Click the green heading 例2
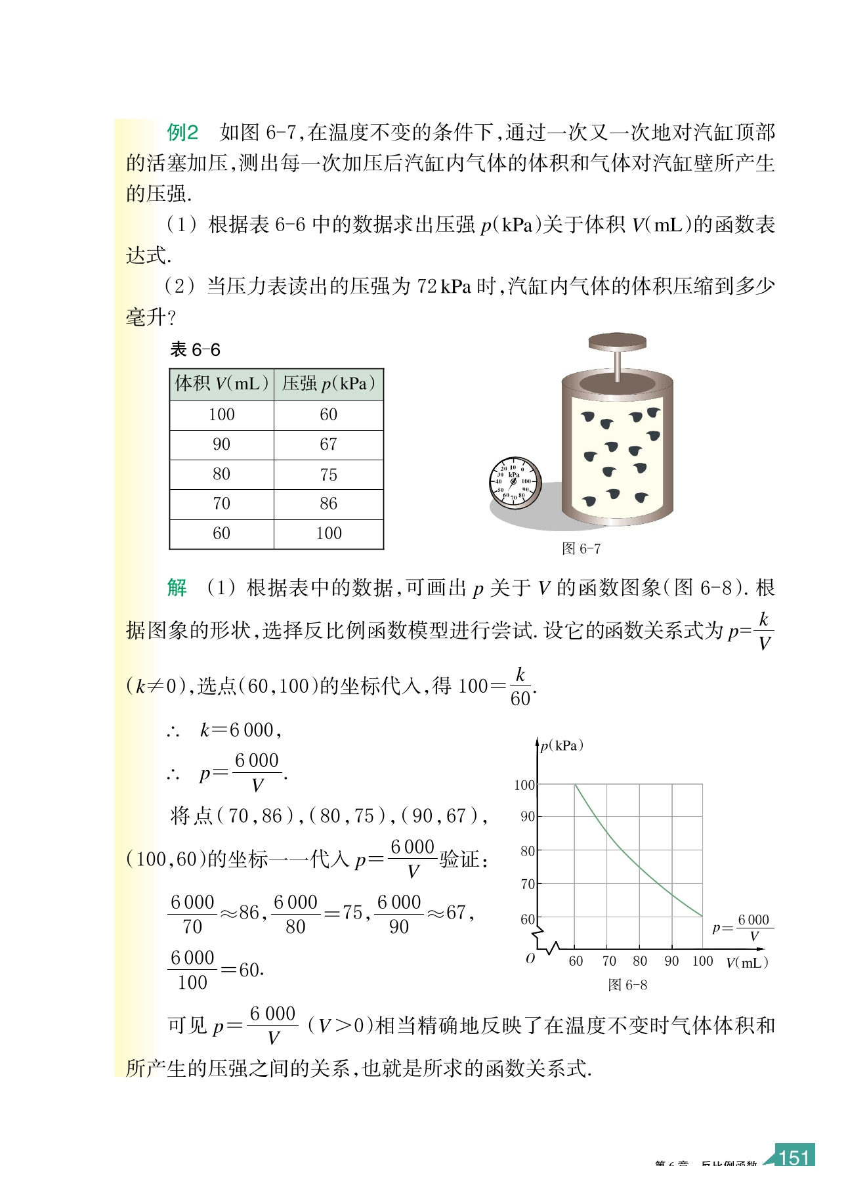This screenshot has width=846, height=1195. pyautogui.click(x=182, y=133)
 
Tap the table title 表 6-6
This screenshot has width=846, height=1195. pyautogui.click(x=195, y=349)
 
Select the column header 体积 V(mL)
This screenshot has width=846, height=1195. pyautogui.click(x=222, y=383)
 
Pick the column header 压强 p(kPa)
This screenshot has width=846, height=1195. pyautogui.click(x=328, y=383)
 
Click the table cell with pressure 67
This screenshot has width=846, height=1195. pyautogui.click(x=328, y=445)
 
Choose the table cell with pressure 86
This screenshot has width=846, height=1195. pyautogui.click(x=328, y=504)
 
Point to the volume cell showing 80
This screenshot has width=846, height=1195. pyautogui.click(x=221, y=474)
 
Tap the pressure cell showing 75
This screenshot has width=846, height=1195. pyautogui.click(x=328, y=474)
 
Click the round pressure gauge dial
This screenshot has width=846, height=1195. pyautogui.click(x=515, y=483)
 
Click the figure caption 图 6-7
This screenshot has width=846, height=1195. pyautogui.click(x=581, y=548)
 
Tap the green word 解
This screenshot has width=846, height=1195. pyautogui.click(x=177, y=587)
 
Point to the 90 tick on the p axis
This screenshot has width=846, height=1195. pyautogui.click(x=528, y=817)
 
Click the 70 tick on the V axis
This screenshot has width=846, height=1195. pyautogui.click(x=608, y=961)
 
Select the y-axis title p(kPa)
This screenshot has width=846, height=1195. pyautogui.click(x=562, y=746)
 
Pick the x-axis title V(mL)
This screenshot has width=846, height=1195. pyautogui.click(x=747, y=963)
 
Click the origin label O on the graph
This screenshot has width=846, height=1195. pyautogui.click(x=530, y=959)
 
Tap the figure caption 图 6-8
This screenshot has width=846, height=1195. pyautogui.click(x=627, y=985)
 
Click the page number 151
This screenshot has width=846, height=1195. pyautogui.click(x=794, y=1157)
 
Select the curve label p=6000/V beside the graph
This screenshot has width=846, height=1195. pyautogui.click(x=742, y=927)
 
